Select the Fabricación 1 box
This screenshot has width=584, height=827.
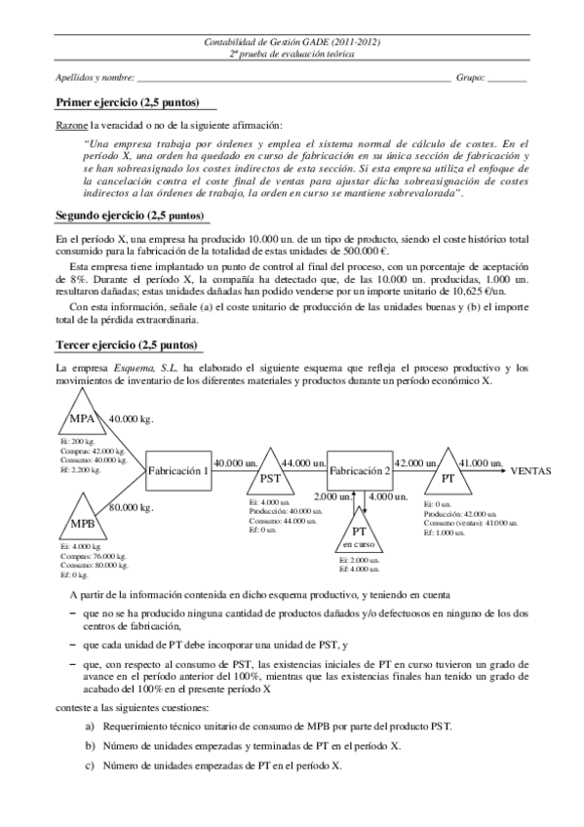point(178,470)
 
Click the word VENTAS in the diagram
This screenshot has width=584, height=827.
point(531,470)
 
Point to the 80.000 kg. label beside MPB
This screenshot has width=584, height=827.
point(131,507)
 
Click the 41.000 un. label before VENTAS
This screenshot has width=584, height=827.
point(479,462)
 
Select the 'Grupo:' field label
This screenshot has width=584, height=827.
point(470,77)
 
